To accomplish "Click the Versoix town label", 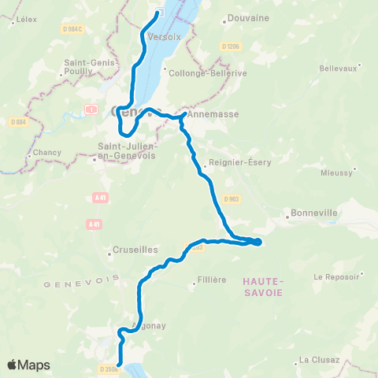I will [x=159, y=36].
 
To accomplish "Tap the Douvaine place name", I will [x=247, y=17].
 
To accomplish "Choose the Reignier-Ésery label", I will [x=234, y=165].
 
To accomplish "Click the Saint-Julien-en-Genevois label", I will [x=127, y=151].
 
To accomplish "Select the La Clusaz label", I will [x=319, y=360].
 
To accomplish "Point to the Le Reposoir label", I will [x=337, y=277].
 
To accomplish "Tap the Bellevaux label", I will [x=339, y=69].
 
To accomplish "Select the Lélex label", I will [x=26, y=18].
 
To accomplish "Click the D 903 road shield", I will [x=231, y=199].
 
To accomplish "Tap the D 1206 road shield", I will [x=230, y=46].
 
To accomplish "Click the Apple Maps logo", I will [x=28, y=365].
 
